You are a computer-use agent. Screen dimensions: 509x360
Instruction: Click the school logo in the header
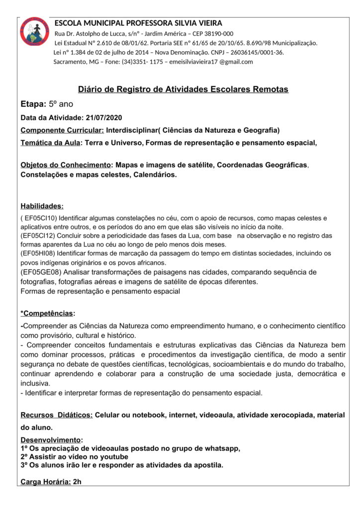(x=35, y=31)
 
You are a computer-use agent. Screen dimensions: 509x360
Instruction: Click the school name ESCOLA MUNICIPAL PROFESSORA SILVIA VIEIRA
(x=138, y=23)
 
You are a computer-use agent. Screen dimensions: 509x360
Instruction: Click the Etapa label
(x=33, y=104)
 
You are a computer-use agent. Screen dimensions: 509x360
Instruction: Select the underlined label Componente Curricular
(x=62, y=130)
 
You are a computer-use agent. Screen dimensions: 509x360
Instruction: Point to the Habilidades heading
(x=42, y=206)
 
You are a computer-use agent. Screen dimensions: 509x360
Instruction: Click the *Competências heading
(x=48, y=313)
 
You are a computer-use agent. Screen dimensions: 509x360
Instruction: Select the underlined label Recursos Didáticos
(x=56, y=415)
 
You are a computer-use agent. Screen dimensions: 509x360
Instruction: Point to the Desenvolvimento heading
(x=50, y=440)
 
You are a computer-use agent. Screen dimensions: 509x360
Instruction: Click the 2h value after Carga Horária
(x=77, y=482)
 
